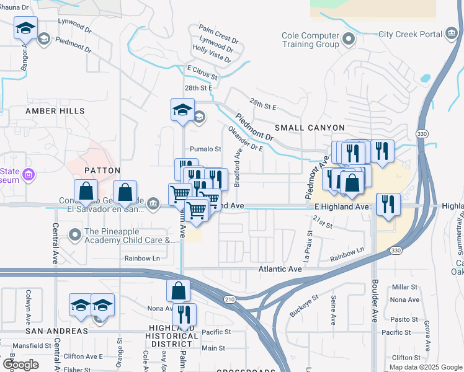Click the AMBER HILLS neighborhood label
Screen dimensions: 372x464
(55, 111)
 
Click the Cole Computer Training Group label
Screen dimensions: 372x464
(310, 40)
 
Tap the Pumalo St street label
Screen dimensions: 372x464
(205, 149)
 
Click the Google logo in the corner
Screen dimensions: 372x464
(20, 365)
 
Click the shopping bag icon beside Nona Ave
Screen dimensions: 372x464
(178, 290)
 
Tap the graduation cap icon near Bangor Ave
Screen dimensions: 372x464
(25, 28)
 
